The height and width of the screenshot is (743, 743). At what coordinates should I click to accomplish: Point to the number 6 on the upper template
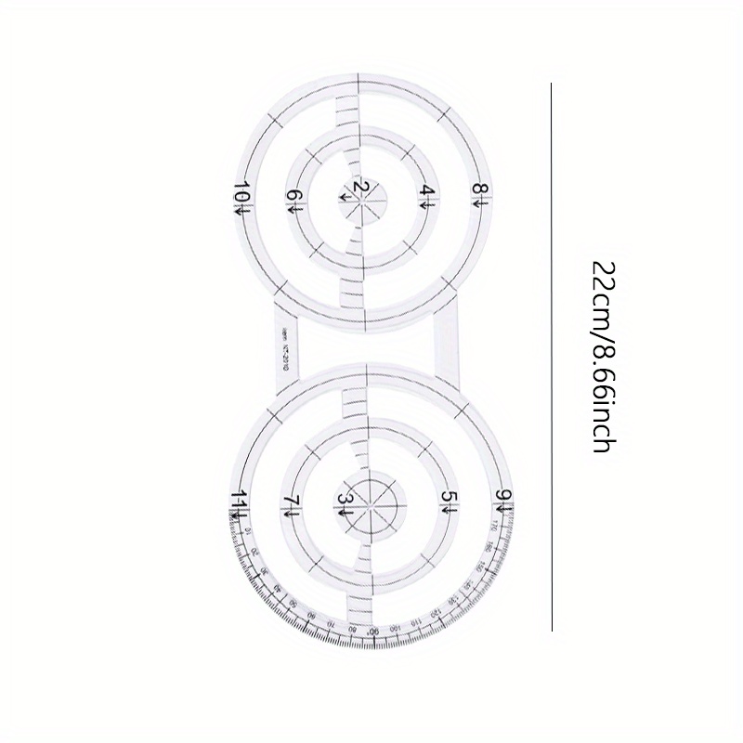pyautogui.click(x=293, y=198)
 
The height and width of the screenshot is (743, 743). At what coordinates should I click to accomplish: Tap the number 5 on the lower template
pyautogui.click(x=449, y=501)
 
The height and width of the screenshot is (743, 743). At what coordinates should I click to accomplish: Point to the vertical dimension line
pyautogui.click(x=552, y=357)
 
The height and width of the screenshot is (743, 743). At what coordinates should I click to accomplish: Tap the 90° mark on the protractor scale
pyautogui.click(x=371, y=631)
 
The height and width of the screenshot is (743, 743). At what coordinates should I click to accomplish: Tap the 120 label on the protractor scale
pyautogui.click(x=429, y=616)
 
